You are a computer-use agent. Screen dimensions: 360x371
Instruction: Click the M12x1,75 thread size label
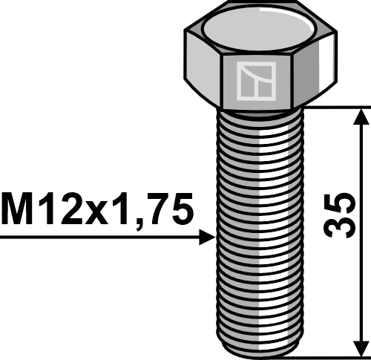tap(96, 210)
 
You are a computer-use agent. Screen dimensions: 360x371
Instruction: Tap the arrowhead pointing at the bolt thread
tap(207, 237)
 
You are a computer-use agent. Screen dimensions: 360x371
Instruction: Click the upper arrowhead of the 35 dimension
tap(361, 116)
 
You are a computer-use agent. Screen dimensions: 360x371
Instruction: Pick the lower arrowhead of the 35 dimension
tap(361, 347)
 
